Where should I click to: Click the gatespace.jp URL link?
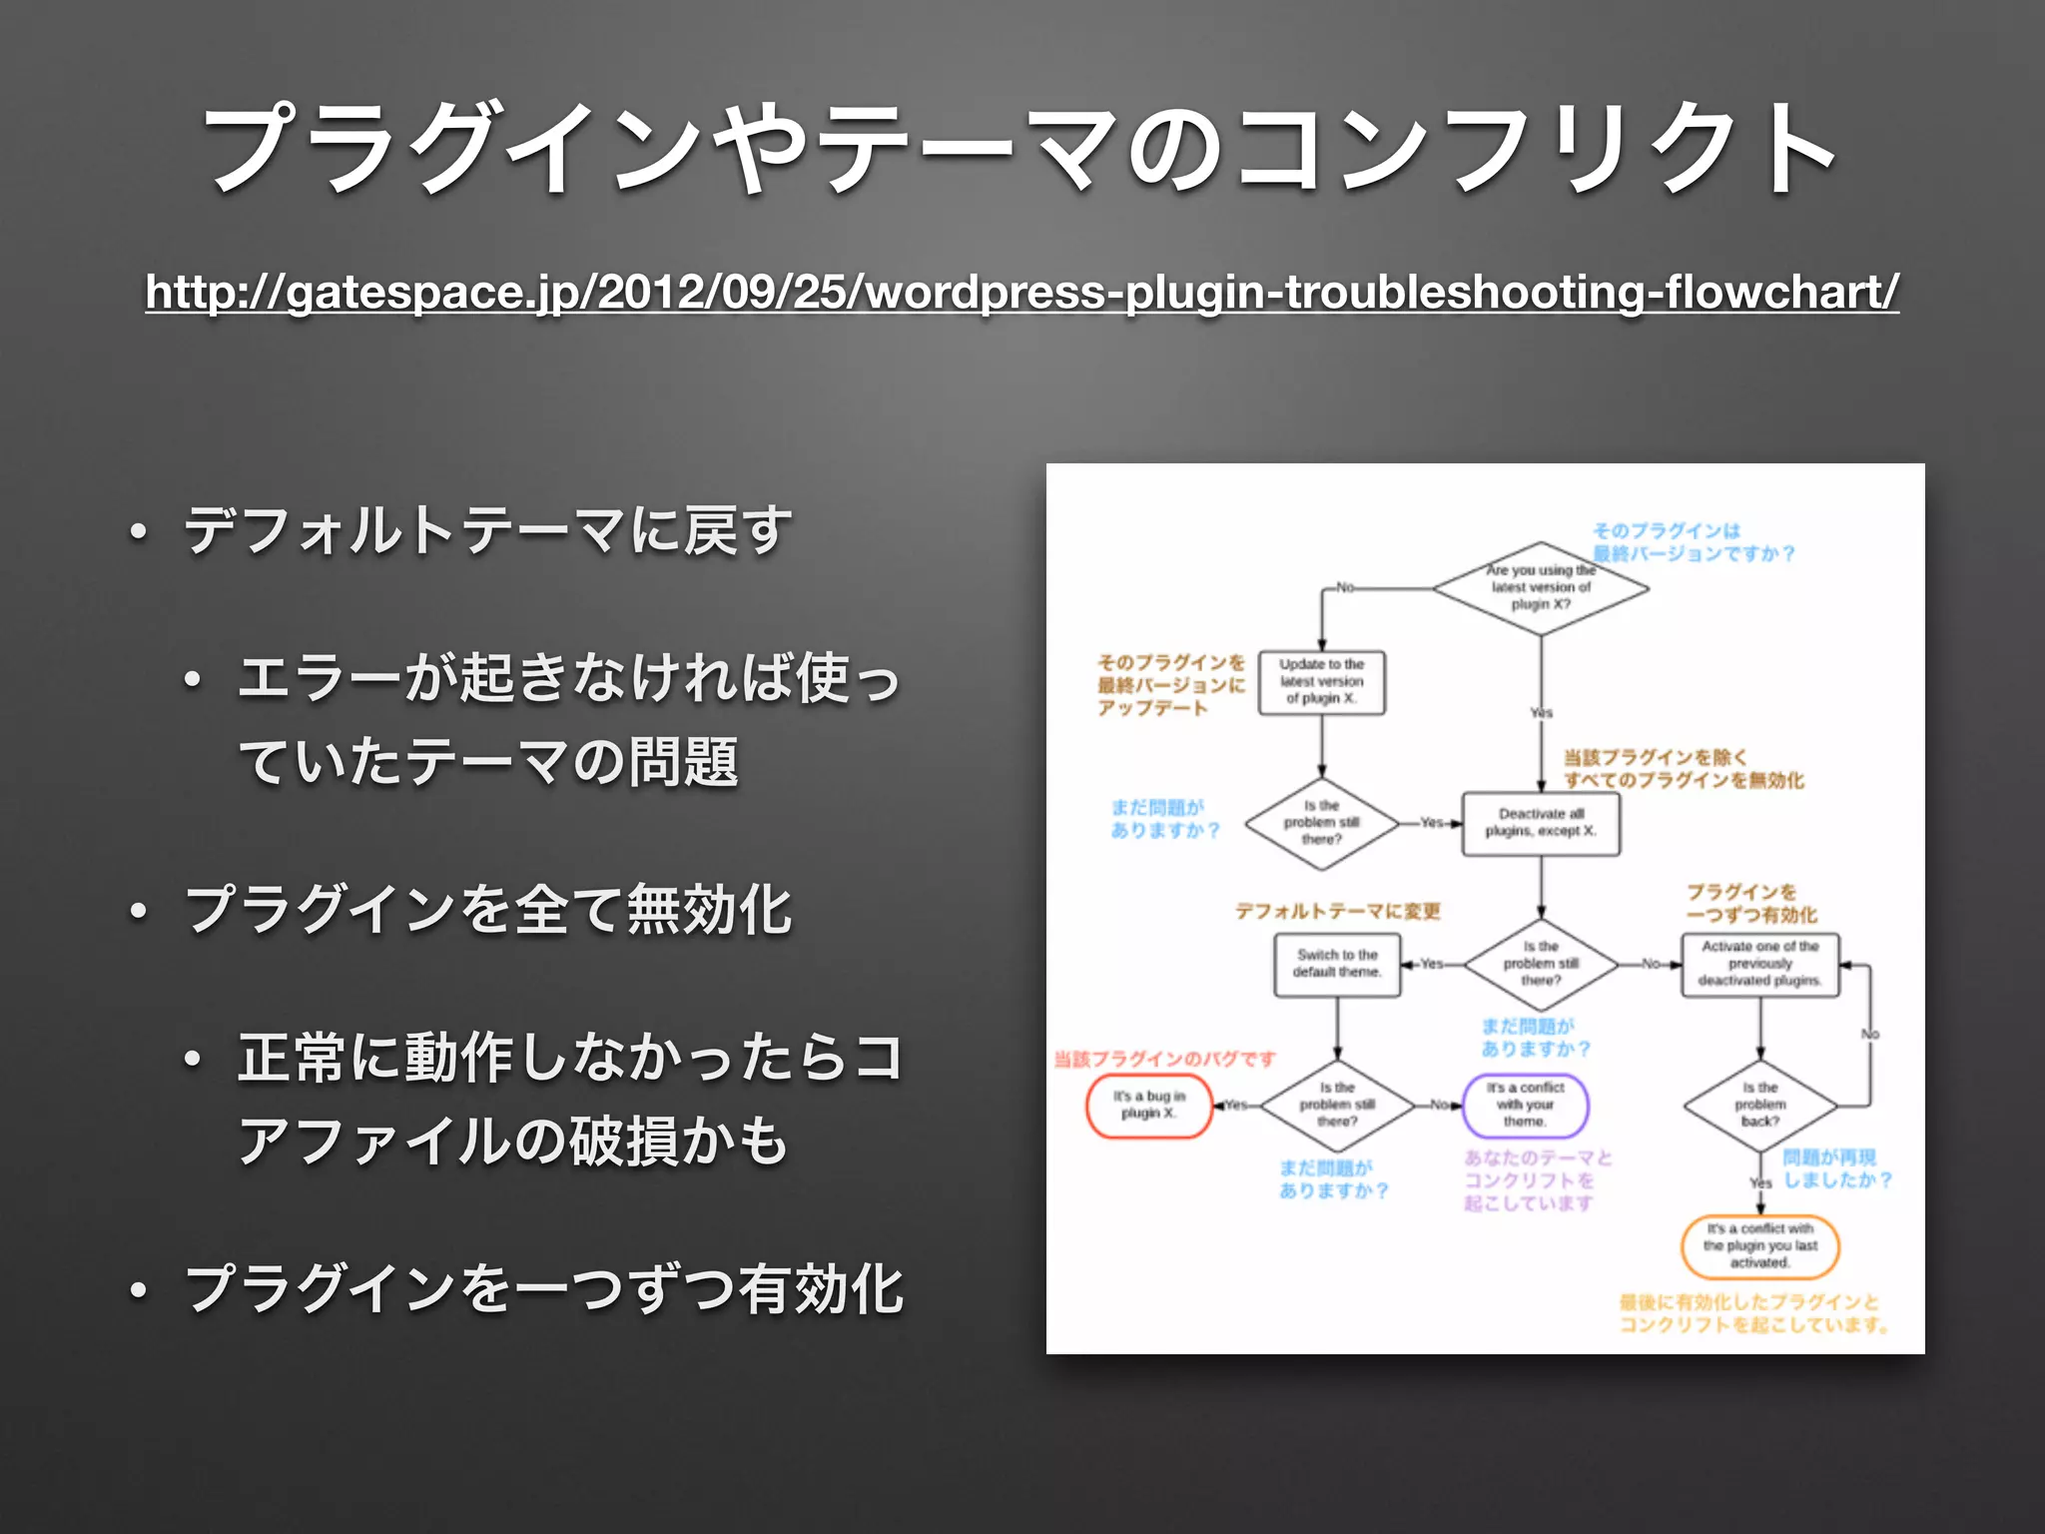tap(1022, 293)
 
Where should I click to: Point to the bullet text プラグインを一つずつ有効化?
tap(544, 1288)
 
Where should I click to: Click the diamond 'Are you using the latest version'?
tap(1541, 588)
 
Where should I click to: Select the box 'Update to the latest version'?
tap(1321, 682)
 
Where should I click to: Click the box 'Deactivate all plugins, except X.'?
tap(1541, 823)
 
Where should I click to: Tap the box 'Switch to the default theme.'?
tap(1337, 964)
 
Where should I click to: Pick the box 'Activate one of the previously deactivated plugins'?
tap(1760, 964)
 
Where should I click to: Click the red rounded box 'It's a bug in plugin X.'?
tap(1148, 1105)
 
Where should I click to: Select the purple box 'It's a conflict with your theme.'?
tap(1525, 1105)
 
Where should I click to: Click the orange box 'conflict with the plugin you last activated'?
tap(1760, 1246)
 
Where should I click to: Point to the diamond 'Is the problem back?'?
tap(1760, 1105)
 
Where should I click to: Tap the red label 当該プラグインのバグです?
tap(1165, 1059)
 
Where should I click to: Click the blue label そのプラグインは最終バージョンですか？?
tap(1693, 541)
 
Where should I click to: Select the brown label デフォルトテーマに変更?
tap(1337, 911)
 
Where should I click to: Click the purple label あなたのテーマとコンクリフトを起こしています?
tap(1538, 1180)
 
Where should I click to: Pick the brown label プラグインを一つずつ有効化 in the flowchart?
tap(1751, 903)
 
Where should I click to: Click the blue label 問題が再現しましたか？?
tap(1835, 1168)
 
